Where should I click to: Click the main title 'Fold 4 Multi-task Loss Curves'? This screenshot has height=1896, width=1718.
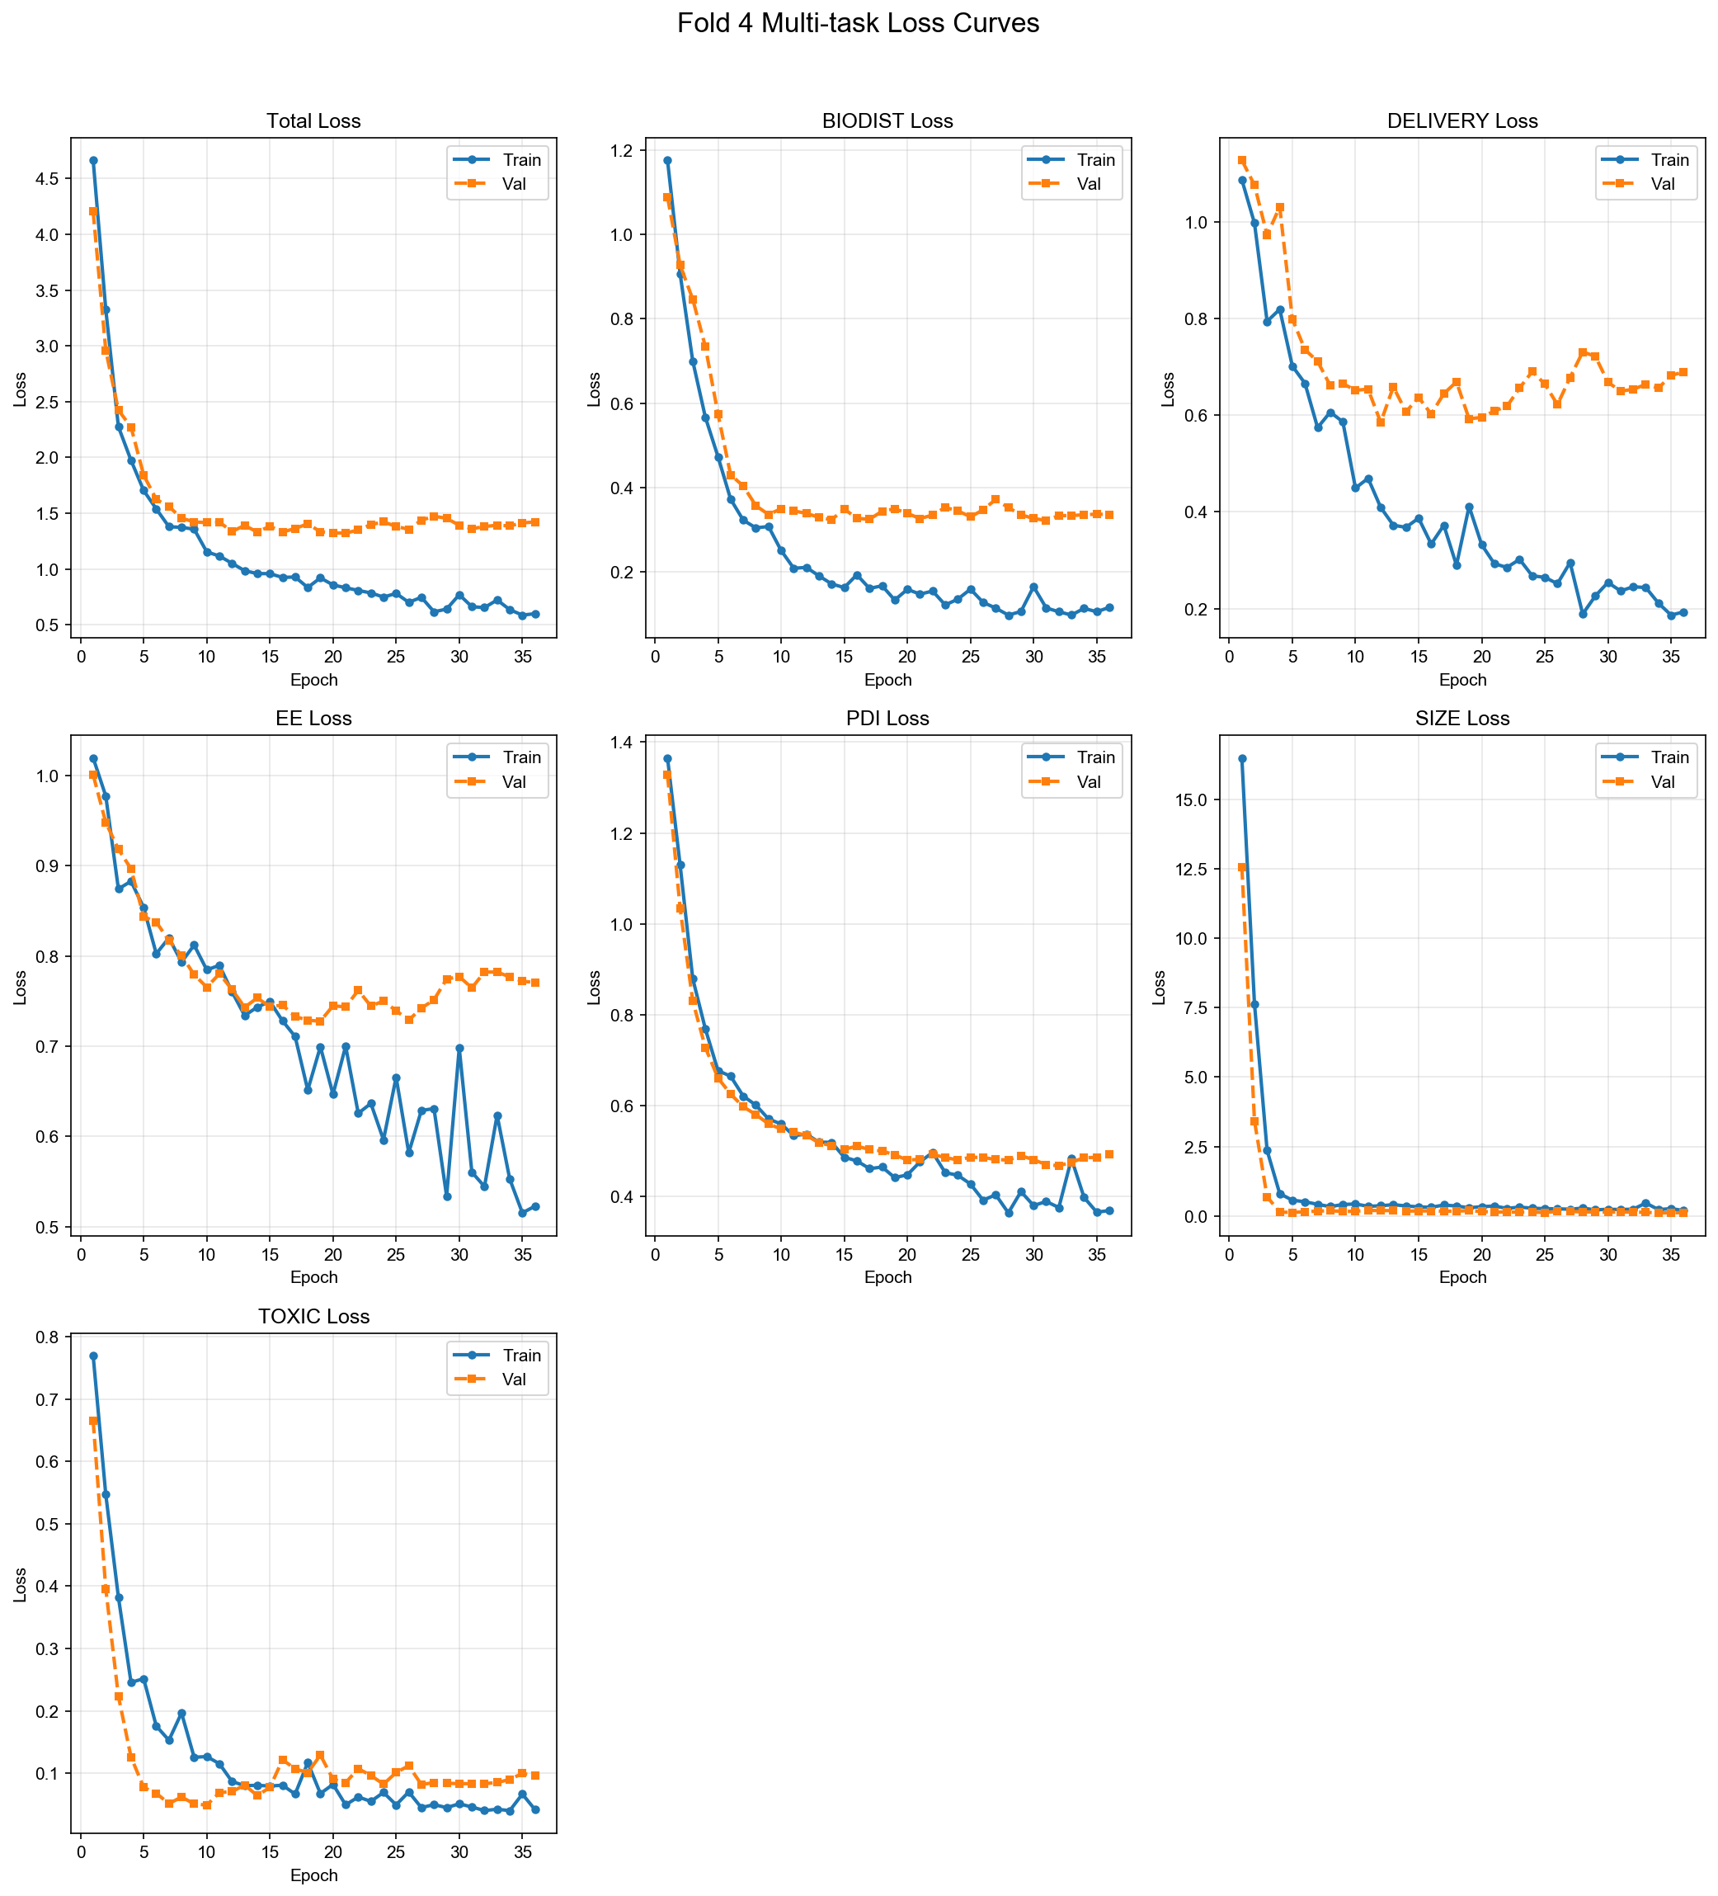pos(858,23)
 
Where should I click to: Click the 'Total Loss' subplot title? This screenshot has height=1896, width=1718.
pos(313,121)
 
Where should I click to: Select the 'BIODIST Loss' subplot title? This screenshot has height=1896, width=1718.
pos(887,121)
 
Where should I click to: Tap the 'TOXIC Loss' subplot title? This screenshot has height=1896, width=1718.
pos(313,1317)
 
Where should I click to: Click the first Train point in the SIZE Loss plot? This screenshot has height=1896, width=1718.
pos(1241,759)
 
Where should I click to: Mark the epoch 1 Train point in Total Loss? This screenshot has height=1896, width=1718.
pos(93,161)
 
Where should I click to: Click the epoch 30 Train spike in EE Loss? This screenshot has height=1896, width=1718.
pos(459,1048)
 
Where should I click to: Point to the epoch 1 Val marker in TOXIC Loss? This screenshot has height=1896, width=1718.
pos(93,1421)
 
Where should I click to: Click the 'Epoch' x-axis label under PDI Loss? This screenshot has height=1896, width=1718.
pos(887,1277)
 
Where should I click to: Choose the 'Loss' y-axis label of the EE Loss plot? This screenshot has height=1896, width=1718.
pos(20,987)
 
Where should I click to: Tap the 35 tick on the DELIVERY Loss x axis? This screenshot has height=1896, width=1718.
pos(1671,658)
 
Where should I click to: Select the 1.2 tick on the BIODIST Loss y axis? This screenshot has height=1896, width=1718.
pos(626,150)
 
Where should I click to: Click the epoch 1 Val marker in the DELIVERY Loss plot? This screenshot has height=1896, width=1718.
pos(1241,161)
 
